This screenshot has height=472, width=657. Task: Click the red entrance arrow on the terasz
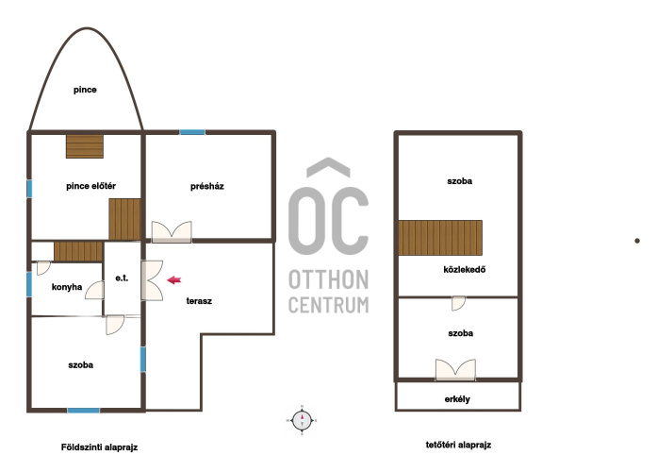pyautogui.click(x=173, y=279)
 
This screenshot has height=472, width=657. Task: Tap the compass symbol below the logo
pyautogui.click(x=302, y=420)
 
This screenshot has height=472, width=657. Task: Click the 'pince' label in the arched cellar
pyautogui.click(x=85, y=90)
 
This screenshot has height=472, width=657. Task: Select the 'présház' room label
pyautogui.click(x=207, y=186)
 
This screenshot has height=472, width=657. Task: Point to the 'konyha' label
pyautogui.click(x=67, y=287)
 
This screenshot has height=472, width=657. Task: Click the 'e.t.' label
pyautogui.click(x=122, y=278)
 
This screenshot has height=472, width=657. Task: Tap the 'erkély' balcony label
pyautogui.click(x=457, y=399)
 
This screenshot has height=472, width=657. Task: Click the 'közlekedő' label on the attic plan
pyautogui.click(x=465, y=269)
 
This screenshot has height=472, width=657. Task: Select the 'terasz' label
pyautogui.click(x=199, y=301)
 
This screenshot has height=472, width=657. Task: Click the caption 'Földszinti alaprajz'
pyautogui.click(x=99, y=447)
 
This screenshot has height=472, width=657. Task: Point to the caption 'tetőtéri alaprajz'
pyautogui.click(x=458, y=445)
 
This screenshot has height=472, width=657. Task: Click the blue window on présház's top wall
pyautogui.click(x=192, y=132)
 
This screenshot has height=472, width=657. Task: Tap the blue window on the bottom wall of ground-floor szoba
pyautogui.click(x=84, y=411)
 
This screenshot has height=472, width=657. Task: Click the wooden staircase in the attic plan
pyautogui.click(x=440, y=238)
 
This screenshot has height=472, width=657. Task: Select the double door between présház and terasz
pyautogui.click(x=172, y=232)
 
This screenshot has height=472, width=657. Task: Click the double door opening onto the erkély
pyautogui.click(x=455, y=370)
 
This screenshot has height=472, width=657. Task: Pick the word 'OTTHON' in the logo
pyautogui.click(x=329, y=279)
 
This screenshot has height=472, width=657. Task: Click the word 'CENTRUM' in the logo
pyautogui.click(x=329, y=305)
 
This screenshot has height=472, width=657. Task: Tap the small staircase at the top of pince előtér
pyautogui.click(x=85, y=146)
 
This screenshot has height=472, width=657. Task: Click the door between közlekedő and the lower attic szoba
pyautogui.click(x=458, y=303)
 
